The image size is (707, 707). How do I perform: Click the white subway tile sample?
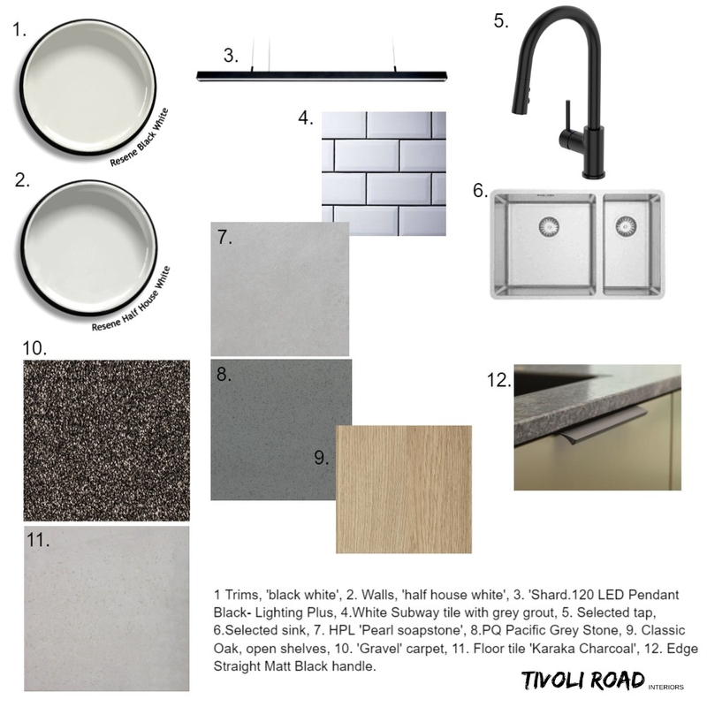coord(383,172)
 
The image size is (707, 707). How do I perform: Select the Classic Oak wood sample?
coord(403,489)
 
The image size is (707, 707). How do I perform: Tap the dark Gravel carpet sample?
coord(106,439)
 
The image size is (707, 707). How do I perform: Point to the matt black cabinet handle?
coord(614,418)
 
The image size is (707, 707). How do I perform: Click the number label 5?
coord(501,20)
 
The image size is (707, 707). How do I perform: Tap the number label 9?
coord(321,458)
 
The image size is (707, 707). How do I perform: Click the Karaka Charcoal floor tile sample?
coord(106,610)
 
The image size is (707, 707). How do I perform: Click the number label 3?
coord(231,56)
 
